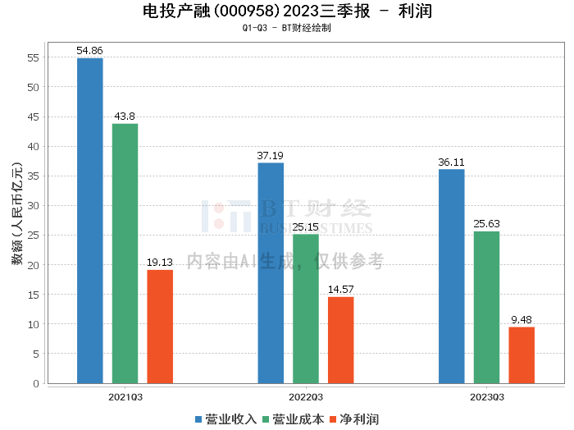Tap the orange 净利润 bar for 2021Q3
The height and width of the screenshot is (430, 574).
coord(160,326)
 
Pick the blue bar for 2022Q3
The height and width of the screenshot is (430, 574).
coord(271,272)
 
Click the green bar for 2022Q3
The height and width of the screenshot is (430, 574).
coord(306,309)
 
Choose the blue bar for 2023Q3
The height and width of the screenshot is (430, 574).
coord(452,276)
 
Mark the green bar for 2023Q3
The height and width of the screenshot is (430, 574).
coord(486,307)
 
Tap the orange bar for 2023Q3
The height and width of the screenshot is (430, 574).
coord(522,355)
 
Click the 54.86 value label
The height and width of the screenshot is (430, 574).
coord(90,51)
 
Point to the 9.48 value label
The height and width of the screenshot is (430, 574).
coord(522,320)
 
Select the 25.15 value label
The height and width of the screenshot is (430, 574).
coord(306,227)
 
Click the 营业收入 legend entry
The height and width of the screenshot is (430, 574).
coord(226,419)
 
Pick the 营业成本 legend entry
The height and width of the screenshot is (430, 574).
coord(293,419)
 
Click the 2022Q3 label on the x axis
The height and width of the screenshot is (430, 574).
coord(306,396)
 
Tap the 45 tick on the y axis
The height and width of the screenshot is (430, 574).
coord(34,117)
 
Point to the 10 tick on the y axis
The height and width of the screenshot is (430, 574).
coord(34,324)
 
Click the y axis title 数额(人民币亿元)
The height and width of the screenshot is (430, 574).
coord(16,220)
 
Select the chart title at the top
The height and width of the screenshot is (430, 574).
coord(287,11)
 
